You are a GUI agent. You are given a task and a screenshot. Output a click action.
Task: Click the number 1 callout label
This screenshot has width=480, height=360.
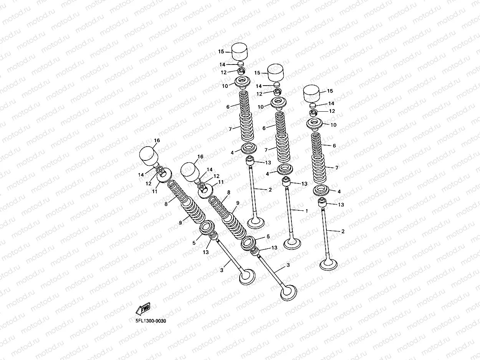point(306,211)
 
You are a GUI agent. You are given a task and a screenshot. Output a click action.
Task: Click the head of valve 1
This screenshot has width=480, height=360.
point(292,243)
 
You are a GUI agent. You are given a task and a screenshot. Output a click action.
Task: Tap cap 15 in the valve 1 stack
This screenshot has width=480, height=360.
point(275,71)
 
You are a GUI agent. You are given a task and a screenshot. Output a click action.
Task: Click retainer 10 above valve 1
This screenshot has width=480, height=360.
point(278,102)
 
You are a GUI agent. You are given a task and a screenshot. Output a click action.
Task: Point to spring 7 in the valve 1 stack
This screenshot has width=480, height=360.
point(284,148)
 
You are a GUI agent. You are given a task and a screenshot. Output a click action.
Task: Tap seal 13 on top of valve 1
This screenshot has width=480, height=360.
point(286,182)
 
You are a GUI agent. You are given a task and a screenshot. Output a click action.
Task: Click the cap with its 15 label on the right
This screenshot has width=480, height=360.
point(312,92)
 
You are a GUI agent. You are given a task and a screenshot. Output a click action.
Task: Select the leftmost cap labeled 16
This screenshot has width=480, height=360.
point(149,155)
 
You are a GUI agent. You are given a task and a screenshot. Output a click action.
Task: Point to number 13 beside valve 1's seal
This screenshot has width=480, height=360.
point(304,184)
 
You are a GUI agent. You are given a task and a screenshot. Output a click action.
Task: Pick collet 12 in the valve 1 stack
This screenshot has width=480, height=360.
point(278,92)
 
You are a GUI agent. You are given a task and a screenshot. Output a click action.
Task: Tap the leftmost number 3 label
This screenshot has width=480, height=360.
point(222,271)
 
